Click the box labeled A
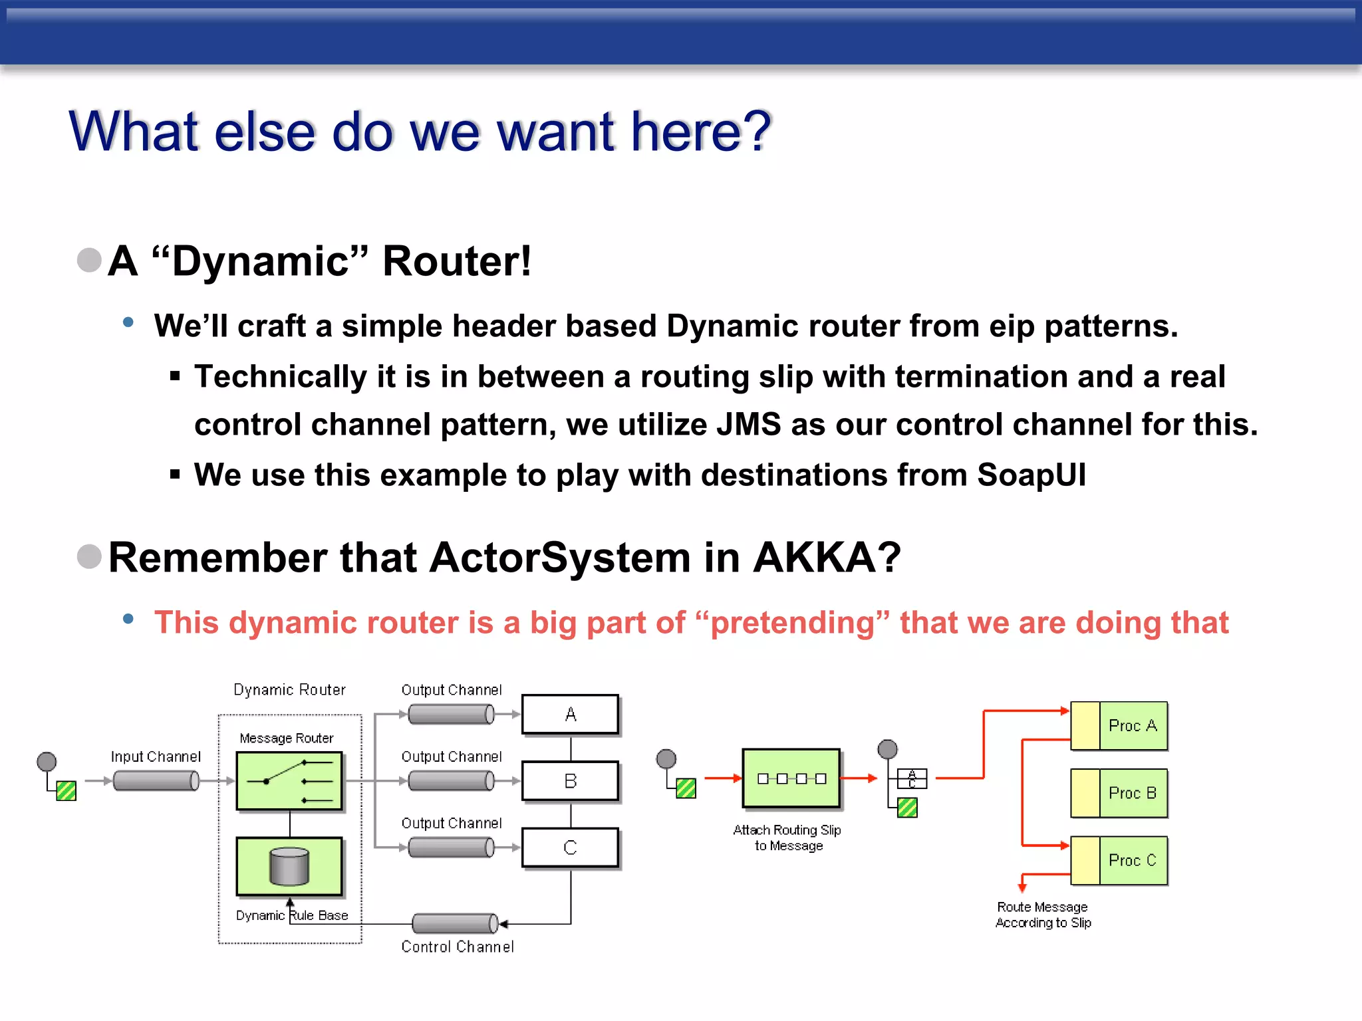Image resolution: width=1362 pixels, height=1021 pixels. click(570, 715)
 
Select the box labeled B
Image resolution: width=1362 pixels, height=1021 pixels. click(570, 781)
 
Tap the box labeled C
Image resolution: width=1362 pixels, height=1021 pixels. click(570, 848)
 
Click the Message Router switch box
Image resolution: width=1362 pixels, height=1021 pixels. click(289, 781)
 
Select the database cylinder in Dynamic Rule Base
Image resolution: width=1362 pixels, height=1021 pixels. click(289, 866)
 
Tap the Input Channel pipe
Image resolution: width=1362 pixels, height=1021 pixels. click(156, 781)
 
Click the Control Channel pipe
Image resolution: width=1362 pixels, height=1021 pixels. click(455, 923)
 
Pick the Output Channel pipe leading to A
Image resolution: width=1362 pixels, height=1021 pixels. click(451, 715)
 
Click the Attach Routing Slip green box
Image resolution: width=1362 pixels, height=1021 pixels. click(791, 778)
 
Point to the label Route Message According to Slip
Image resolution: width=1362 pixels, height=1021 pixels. click(1043, 915)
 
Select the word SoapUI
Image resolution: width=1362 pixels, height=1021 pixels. click(1031, 475)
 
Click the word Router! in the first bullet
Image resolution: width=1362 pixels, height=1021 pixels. click(457, 261)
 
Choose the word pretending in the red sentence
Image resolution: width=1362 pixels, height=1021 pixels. click(793, 623)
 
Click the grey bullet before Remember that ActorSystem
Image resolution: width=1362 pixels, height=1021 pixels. click(89, 556)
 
